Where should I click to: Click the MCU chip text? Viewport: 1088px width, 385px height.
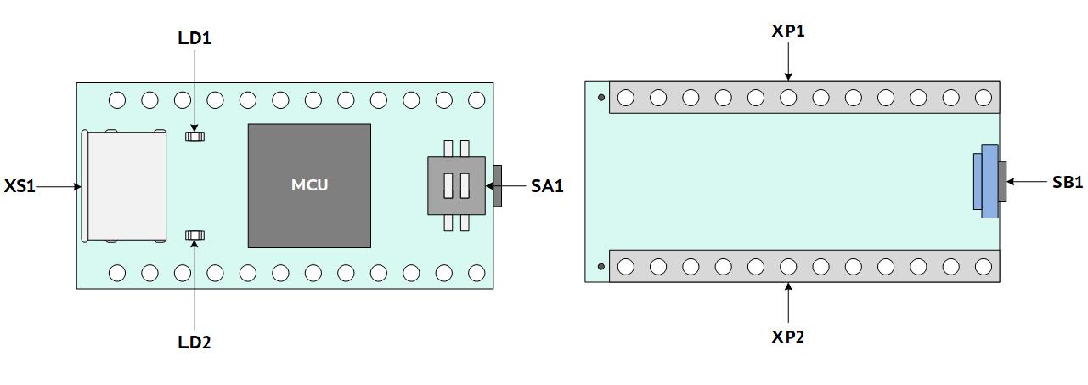(309, 184)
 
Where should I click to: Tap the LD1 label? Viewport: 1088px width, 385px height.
(194, 38)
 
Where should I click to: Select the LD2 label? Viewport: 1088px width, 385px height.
(194, 343)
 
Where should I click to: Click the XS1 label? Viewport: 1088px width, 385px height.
(20, 186)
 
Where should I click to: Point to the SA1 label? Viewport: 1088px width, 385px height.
(547, 185)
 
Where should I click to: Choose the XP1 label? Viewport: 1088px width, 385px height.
(788, 31)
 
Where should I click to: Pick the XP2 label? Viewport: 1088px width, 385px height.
(788, 336)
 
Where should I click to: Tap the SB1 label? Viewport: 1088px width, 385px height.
(1068, 182)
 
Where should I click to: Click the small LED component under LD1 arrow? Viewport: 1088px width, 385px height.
(194, 136)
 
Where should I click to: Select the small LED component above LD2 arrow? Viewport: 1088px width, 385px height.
(194, 235)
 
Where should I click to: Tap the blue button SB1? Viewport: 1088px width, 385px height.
(986, 181)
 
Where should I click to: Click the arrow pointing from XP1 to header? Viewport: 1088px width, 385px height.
(788, 61)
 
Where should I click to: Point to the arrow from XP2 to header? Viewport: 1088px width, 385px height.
(788, 303)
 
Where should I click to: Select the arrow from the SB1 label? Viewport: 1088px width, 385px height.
(1026, 182)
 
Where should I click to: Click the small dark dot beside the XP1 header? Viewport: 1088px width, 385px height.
(601, 97)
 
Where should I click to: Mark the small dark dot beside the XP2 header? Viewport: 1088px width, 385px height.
(601, 266)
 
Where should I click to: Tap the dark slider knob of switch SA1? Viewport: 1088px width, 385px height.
(497, 185)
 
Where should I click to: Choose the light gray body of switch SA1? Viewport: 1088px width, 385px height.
(457, 185)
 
